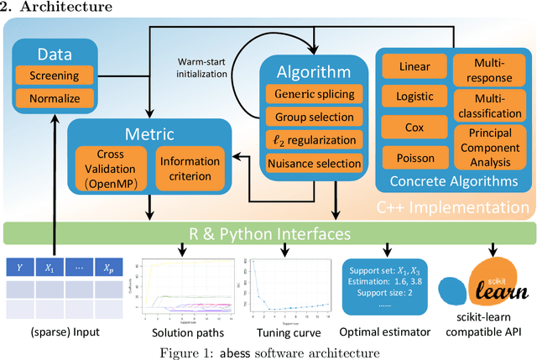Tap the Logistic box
tap(414, 97)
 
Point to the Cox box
tap(414, 128)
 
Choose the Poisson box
tap(414, 157)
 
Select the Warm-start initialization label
tap(208, 67)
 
